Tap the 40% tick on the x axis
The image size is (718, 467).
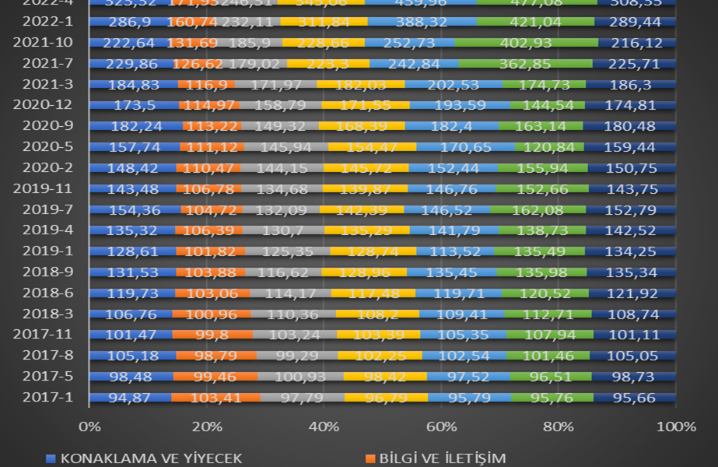click(324, 427)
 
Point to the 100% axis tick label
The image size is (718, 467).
click(674, 427)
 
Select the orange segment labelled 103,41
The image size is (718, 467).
click(215, 398)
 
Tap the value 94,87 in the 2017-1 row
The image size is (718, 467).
click(130, 398)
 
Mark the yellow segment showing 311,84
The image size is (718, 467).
click(324, 22)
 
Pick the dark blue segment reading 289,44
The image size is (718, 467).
click(635, 22)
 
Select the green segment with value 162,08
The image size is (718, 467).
click(538, 209)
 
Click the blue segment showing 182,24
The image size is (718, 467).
click(137, 125)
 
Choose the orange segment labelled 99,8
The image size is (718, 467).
click(212, 335)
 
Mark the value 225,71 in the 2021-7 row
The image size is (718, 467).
click(633, 63)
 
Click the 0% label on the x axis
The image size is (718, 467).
click(90, 427)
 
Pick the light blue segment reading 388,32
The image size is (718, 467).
click(420, 22)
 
